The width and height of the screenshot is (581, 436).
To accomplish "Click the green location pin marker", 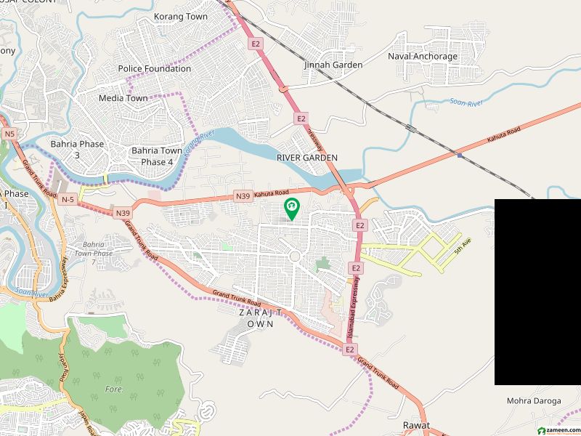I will click(292, 209).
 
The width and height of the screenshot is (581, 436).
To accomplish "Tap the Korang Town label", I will click(181, 17).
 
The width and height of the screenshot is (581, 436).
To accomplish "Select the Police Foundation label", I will click(155, 69).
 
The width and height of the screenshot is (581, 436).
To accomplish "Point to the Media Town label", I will click(123, 98).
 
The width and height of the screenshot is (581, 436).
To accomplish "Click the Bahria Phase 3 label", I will click(77, 149).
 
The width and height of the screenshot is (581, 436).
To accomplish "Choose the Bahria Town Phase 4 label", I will click(157, 156).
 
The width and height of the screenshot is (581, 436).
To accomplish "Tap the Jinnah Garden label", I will click(333, 65).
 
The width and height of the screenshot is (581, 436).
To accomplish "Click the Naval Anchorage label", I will click(423, 57).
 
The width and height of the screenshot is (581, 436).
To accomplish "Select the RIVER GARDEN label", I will click(307, 158).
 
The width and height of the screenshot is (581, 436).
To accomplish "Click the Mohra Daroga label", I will click(534, 401).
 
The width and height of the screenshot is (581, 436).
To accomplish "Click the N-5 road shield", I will click(68, 198).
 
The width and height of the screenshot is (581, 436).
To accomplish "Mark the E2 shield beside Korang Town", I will click(255, 44).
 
